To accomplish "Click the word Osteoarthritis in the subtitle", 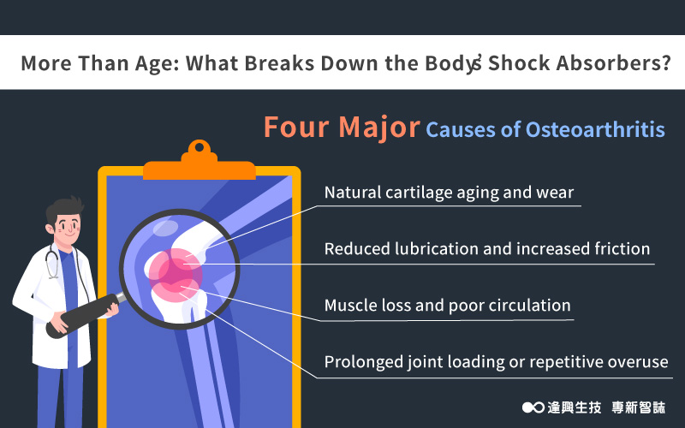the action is point(595,130).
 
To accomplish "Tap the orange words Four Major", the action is point(342,128).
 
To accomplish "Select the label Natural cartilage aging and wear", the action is point(449,192).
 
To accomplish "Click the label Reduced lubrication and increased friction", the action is point(487,248).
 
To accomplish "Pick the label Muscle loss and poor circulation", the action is point(447,306).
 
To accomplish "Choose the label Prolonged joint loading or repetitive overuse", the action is point(497,362).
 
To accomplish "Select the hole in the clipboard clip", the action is point(200,147).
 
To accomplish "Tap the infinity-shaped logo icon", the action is point(533,407).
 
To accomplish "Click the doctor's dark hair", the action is point(66,208).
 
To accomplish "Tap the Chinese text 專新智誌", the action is point(638,407).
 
